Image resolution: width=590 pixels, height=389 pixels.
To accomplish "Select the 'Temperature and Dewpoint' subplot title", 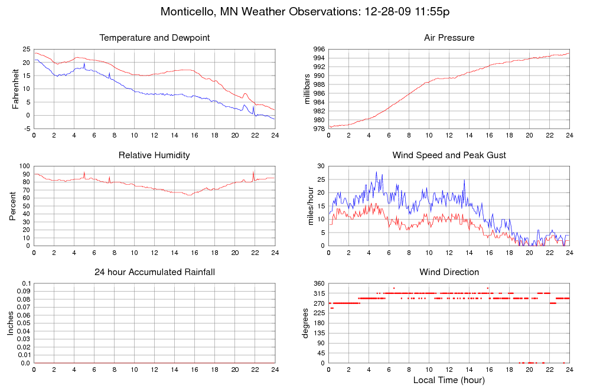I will (x=155, y=38).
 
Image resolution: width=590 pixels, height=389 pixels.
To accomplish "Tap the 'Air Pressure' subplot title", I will (x=449, y=38).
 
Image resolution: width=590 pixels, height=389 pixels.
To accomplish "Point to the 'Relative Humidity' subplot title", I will (x=155, y=155).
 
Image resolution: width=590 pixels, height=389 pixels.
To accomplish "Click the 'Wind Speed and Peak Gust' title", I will (x=449, y=155).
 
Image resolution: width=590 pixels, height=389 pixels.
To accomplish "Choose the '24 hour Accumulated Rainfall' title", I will (x=155, y=272).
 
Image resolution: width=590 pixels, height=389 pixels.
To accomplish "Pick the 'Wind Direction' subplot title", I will (x=449, y=272).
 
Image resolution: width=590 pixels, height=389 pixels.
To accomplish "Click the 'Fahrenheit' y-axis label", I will (x=16, y=89).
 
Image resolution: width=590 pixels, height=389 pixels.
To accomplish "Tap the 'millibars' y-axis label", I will (x=307, y=89).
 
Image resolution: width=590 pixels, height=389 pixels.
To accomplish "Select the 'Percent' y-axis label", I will (x=13, y=206).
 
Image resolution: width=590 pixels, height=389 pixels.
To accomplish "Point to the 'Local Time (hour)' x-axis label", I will (x=449, y=380).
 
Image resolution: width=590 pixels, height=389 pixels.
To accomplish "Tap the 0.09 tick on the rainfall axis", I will (x=22, y=292).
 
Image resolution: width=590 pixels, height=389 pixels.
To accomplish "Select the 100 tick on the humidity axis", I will (x=24, y=166).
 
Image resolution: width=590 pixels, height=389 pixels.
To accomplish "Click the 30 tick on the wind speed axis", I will (x=320, y=166).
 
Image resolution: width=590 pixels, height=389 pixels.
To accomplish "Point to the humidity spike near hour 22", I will (x=254, y=172).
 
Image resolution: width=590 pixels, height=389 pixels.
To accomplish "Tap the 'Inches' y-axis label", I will (x=10, y=323).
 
